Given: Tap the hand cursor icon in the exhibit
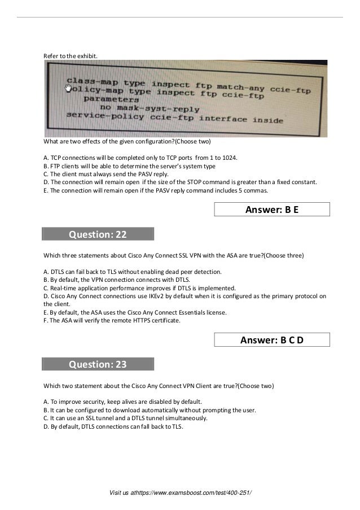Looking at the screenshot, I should click(x=69, y=88).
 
